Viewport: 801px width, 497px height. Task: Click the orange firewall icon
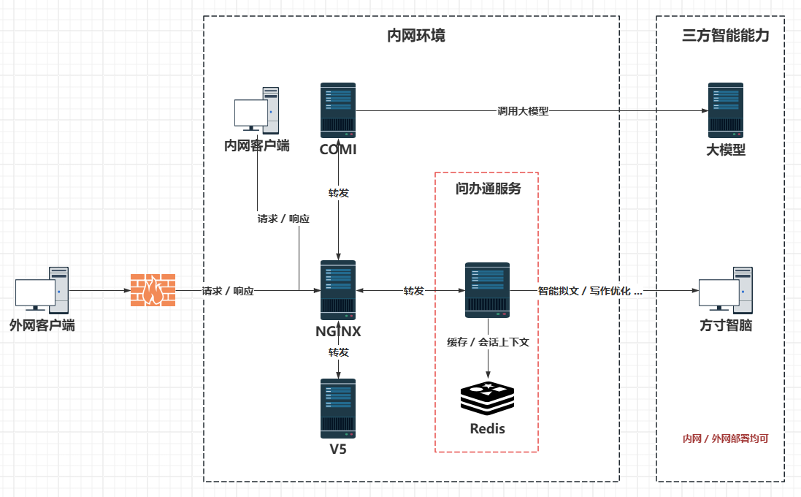(x=153, y=290)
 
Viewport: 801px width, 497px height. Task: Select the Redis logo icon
(x=487, y=398)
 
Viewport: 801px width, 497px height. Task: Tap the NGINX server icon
(x=338, y=290)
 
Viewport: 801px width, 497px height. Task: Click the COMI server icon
(x=338, y=110)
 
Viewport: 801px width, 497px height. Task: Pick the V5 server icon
(x=338, y=409)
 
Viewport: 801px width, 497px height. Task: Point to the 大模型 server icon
(x=725, y=110)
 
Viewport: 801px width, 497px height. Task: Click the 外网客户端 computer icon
(x=42, y=290)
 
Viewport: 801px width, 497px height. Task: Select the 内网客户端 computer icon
(x=256, y=110)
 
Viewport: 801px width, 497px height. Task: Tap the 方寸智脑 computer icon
(x=725, y=290)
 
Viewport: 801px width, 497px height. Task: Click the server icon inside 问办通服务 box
(x=487, y=290)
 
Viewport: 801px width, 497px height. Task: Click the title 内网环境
(x=415, y=35)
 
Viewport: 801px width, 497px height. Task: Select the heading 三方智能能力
(x=725, y=35)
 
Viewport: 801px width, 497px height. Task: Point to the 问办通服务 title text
(x=488, y=189)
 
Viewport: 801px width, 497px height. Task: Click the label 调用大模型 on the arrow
(x=523, y=111)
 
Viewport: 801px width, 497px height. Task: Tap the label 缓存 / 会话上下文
(x=488, y=342)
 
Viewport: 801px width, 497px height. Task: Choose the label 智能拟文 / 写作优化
(x=584, y=291)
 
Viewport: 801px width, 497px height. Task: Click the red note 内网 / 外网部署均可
(x=725, y=439)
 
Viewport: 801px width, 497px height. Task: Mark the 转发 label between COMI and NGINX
(x=339, y=193)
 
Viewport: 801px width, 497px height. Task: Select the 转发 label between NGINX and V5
(x=339, y=352)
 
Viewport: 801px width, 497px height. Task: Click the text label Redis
(x=487, y=428)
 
